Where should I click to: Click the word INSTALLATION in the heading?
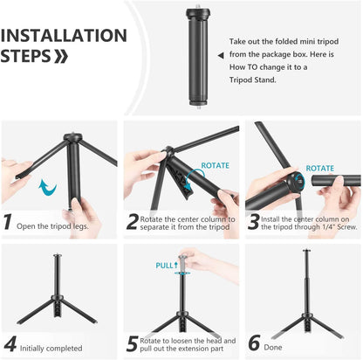64,36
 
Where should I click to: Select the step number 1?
8,222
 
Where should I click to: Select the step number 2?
133,222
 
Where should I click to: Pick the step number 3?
254,222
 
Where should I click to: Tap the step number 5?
132,344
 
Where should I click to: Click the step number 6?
254,344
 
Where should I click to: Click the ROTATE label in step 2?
215,164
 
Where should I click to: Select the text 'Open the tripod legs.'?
57,225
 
